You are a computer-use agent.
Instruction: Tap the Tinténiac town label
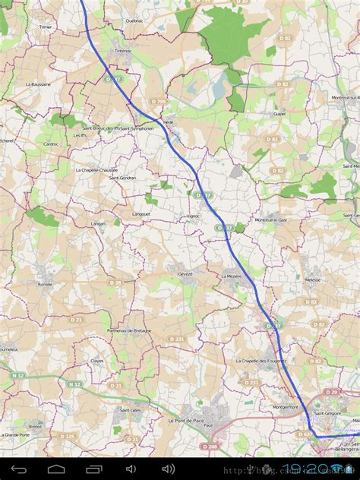[122, 50]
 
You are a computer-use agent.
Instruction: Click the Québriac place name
[134, 21]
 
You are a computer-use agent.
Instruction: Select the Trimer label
[45, 26]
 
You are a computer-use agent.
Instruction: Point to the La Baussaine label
[38, 84]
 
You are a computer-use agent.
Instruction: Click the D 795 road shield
[158, 101]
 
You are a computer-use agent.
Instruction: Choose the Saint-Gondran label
[123, 178]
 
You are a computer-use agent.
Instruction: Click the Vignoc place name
[193, 216]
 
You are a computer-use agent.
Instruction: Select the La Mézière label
[232, 276]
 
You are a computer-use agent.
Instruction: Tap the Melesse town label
[312, 279]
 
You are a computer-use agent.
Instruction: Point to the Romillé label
[45, 283]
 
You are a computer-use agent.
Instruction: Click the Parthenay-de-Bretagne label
[129, 330]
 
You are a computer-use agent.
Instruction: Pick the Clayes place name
[97, 361]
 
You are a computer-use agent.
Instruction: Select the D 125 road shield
[68, 437]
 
